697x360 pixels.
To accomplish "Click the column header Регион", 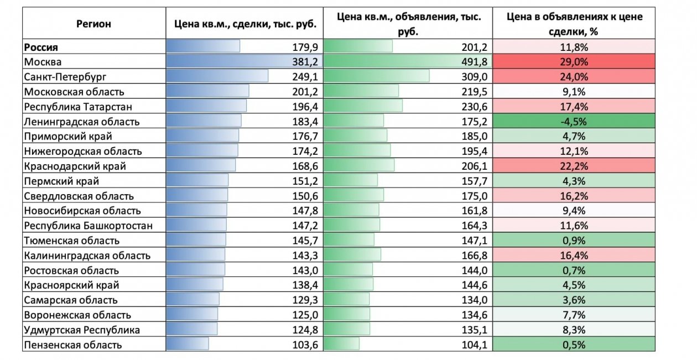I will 93,24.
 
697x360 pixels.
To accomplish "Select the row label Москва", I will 43,62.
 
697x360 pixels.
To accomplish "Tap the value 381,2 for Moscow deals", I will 306,62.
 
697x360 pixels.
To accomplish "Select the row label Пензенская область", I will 72,345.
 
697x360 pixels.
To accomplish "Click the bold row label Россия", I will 41,47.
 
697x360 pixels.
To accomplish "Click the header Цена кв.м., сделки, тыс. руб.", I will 245,24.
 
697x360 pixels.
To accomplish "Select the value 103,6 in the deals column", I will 306,345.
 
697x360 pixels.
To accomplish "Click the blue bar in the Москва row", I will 232,62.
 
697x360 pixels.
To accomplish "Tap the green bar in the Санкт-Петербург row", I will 376,77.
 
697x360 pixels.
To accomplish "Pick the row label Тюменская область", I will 71,241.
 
